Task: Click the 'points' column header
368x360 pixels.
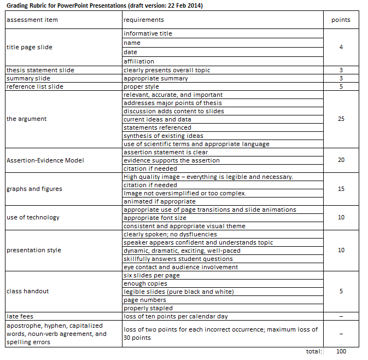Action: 341,20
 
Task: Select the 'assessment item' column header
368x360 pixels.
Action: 32,20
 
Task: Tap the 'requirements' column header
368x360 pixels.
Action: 143,20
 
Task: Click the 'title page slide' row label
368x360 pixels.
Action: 30,47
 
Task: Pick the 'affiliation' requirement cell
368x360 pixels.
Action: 139,61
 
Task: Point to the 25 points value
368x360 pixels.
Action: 341,119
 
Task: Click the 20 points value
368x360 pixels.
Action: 341,160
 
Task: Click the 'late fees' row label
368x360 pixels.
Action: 21,316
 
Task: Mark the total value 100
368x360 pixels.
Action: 341,351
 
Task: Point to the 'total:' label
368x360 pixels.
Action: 314,351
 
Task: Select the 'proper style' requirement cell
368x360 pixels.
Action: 141,86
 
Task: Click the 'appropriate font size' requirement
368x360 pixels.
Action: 155,218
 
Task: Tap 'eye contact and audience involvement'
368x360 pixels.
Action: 180,267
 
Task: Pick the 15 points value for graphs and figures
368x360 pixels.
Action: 341,189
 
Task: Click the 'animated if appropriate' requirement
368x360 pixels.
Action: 159,201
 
